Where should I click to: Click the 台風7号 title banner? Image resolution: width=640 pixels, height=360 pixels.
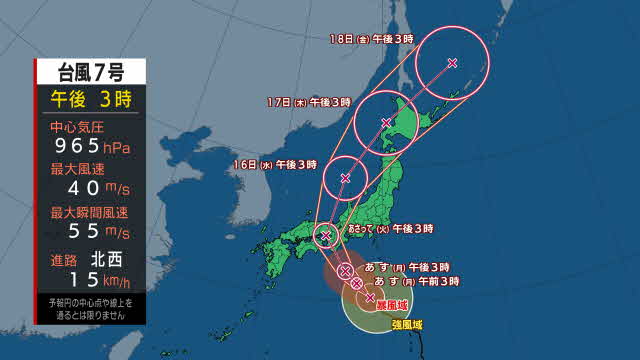point(90,71)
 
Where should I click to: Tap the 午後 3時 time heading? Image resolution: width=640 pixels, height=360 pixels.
point(90,98)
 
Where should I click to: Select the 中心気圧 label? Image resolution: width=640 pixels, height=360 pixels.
point(76,127)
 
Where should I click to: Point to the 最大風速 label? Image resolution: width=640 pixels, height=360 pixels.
point(76,169)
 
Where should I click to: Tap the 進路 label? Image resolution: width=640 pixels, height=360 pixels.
point(62,256)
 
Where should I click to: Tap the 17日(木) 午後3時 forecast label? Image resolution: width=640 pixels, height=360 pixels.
point(310,102)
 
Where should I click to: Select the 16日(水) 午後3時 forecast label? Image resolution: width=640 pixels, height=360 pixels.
point(276,162)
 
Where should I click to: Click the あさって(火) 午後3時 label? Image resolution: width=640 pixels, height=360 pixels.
point(390,229)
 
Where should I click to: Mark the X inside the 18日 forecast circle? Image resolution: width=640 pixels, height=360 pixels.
point(452,63)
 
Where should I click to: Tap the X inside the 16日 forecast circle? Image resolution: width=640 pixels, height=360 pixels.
point(345,178)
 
